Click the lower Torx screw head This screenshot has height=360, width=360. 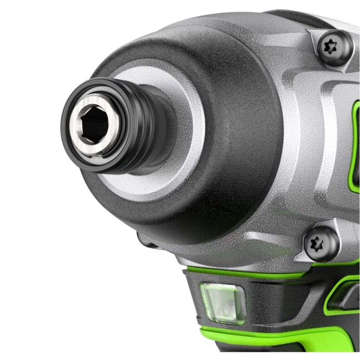[x=320, y=243]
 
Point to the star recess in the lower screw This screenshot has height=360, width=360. [x=320, y=243]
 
